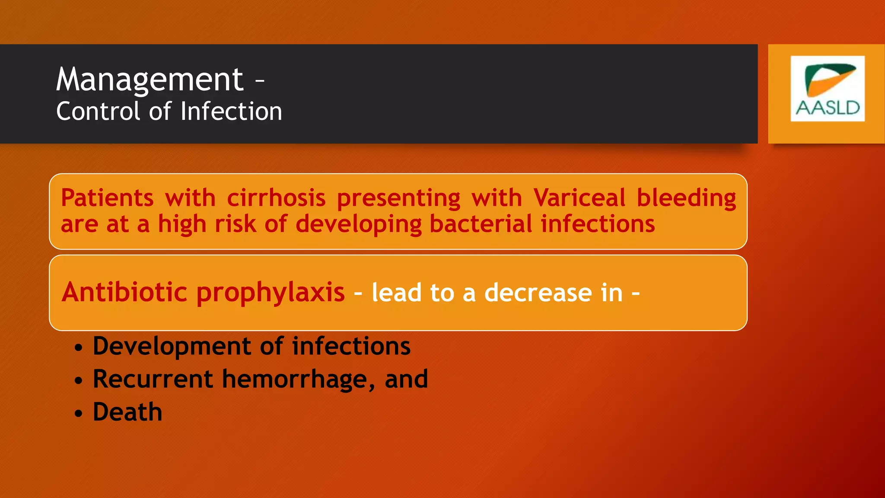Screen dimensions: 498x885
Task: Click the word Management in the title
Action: pyautogui.click(x=150, y=80)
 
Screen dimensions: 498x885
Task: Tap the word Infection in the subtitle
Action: pyautogui.click(x=231, y=112)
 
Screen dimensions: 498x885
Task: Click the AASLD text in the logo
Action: pyautogui.click(x=828, y=108)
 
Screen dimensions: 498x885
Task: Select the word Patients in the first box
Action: pyautogui.click(x=107, y=198)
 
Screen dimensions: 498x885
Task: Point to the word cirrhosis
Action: pyautogui.click(x=276, y=198)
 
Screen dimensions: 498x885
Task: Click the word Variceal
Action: pyautogui.click(x=579, y=198)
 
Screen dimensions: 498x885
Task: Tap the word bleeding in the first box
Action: pyautogui.click(x=686, y=198)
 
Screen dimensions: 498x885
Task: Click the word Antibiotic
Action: pyautogui.click(x=124, y=292)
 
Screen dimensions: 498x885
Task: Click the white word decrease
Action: pyautogui.click(x=538, y=293)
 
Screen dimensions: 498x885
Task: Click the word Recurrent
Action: pyautogui.click(x=153, y=379)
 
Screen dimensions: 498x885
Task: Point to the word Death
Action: pyautogui.click(x=127, y=412)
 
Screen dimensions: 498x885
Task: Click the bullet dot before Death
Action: pyautogui.click(x=78, y=413)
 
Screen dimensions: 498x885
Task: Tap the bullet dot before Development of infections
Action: pyautogui.click(x=78, y=348)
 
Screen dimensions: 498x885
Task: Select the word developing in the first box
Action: pyautogui.click(x=358, y=225)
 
